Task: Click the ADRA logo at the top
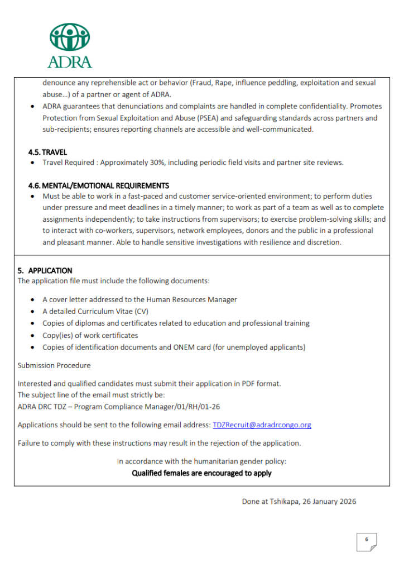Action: point(70,45)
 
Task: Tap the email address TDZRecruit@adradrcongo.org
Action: point(262,425)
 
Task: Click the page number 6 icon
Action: point(367,540)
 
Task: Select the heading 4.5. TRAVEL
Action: point(47,152)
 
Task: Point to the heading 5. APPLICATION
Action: point(45,270)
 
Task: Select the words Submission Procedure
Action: point(54,365)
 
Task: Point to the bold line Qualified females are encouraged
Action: point(201,473)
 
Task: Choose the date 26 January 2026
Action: point(329,501)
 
